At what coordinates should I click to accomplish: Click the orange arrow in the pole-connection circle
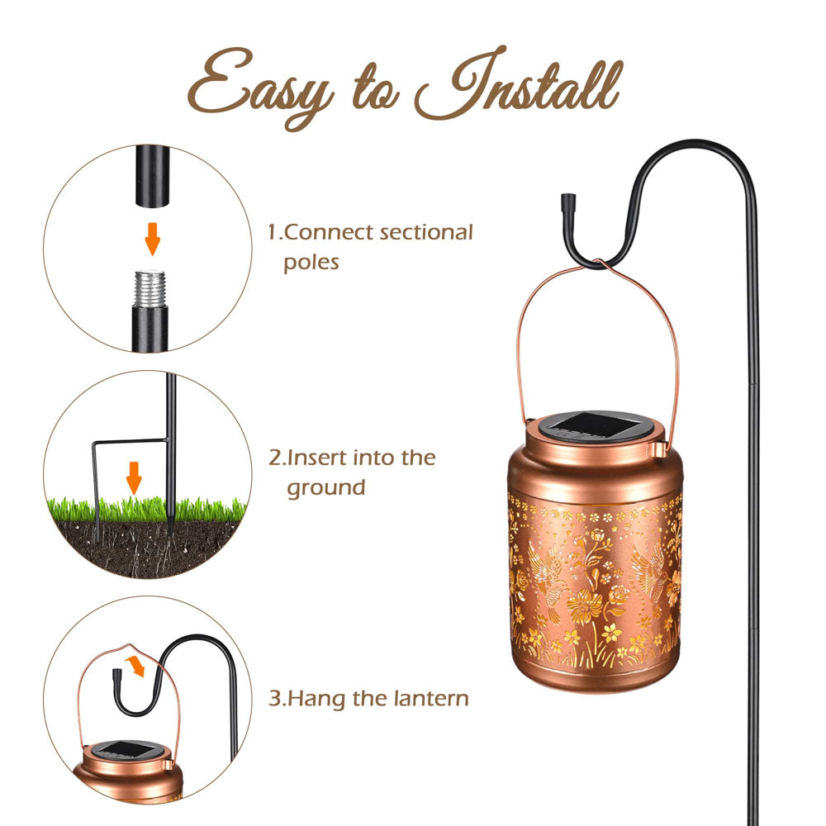click(153, 239)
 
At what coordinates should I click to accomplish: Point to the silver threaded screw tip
click(150, 288)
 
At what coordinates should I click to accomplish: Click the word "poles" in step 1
click(311, 263)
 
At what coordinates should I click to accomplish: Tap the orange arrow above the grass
click(134, 477)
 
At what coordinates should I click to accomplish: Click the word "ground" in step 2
click(326, 488)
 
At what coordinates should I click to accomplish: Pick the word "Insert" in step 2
click(317, 458)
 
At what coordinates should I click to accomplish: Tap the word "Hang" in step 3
click(317, 699)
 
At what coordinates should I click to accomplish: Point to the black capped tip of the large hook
click(568, 202)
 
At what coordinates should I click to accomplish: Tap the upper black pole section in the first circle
click(153, 176)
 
